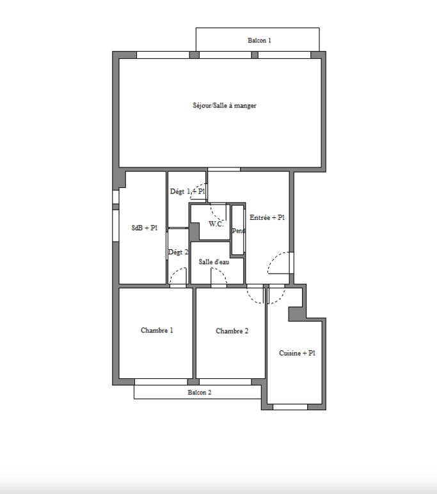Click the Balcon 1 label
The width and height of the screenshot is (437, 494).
[x=259, y=40]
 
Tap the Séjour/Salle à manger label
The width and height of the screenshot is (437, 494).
[x=225, y=105]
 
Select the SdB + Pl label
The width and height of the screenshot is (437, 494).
[x=145, y=228]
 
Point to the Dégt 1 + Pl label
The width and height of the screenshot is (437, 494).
[x=187, y=191]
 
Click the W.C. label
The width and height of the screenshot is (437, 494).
[x=216, y=224]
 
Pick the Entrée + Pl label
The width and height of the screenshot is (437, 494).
[x=267, y=217]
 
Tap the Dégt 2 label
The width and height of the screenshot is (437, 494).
[x=179, y=252]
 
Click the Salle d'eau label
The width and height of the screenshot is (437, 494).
[x=214, y=262]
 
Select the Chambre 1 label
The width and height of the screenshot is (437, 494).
[x=157, y=330]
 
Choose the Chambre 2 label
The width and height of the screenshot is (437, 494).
[x=232, y=331]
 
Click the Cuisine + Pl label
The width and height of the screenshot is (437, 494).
[x=297, y=353]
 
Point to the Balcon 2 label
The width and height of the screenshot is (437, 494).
[x=200, y=392]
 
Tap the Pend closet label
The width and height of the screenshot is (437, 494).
[x=238, y=231]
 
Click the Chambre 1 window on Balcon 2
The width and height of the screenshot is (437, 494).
[x=161, y=382]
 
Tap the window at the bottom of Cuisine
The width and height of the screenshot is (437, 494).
[x=290, y=407]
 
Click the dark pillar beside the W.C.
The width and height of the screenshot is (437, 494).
[x=195, y=231]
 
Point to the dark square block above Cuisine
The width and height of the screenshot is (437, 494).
[x=296, y=314]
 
